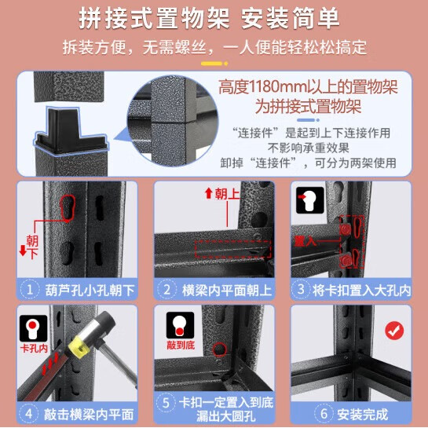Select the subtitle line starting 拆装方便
[x=214, y=47]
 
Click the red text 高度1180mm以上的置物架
[x=308, y=87]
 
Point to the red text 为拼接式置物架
[x=308, y=107]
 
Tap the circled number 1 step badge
[x=31, y=290]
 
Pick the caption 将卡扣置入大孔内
[x=360, y=290]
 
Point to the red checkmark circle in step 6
[x=394, y=330]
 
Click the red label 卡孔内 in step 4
[x=33, y=346]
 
